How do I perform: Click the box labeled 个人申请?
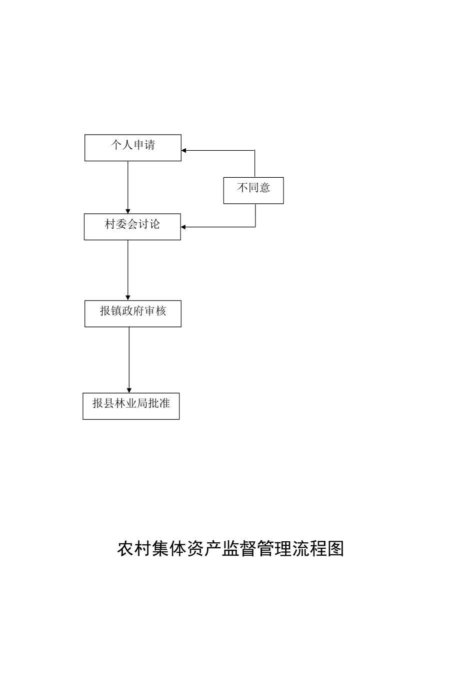click(x=132, y=148)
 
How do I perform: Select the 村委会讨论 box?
click(x=132, y=227)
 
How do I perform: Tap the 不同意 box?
click(x=253, y=190)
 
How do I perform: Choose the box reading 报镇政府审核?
click(x=132, y=313)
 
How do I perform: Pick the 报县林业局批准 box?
click(x=131, y=406)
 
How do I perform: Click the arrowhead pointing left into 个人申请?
click(x=184, y=150)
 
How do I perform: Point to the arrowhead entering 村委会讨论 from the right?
click(x=183, y=227)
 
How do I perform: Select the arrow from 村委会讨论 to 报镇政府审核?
click(x=128, y=270)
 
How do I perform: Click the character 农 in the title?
click(x=126, y=549)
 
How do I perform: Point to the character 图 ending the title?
click(x=335, y=549)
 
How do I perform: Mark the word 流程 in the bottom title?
click(x=309, y=549)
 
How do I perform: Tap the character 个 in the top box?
click(x=116, y=145)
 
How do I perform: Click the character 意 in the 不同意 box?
click(x=265, y=188)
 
